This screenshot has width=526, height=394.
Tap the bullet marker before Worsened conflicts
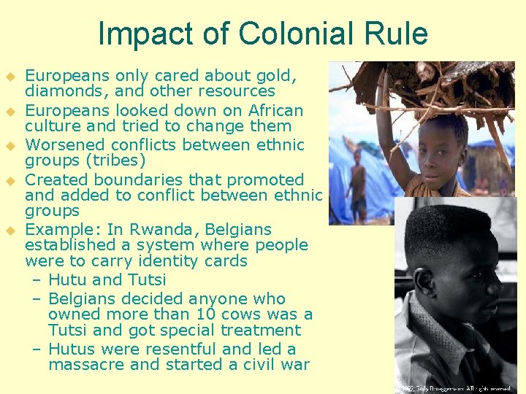[x=10, y=146]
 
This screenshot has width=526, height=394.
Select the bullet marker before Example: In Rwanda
[x=10, y=231]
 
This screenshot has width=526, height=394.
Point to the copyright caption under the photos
[x=453, y=388]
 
